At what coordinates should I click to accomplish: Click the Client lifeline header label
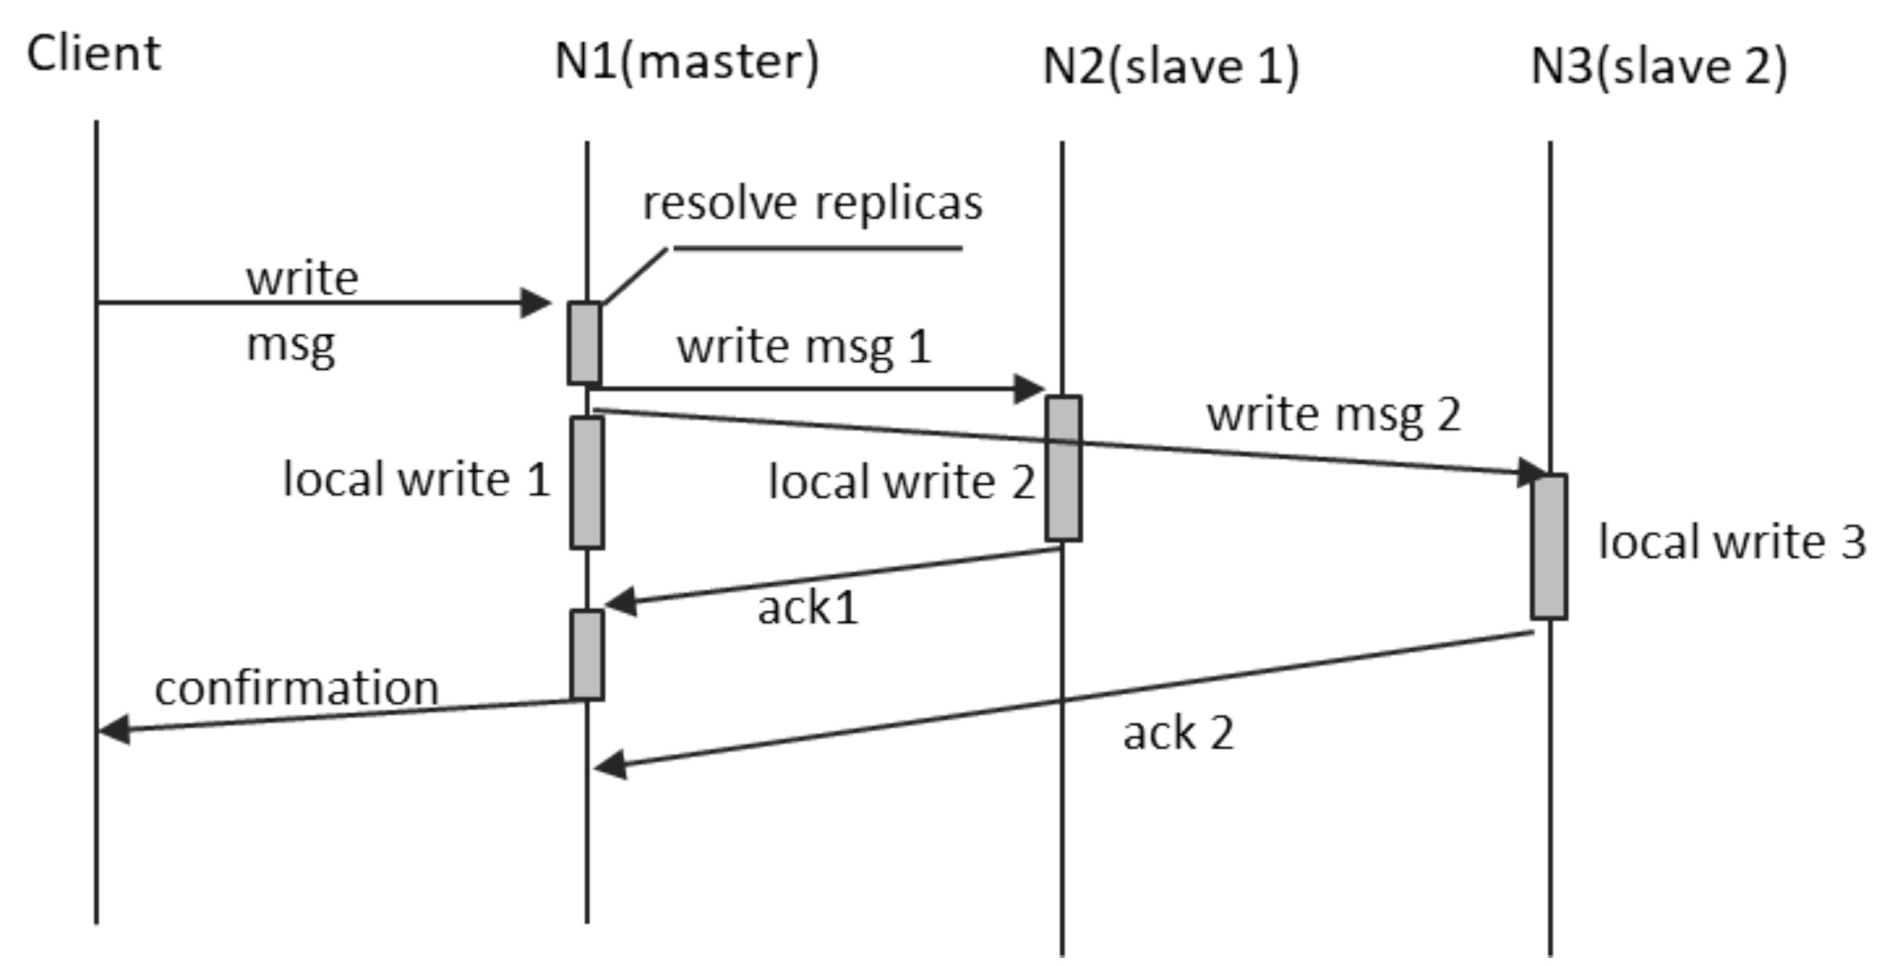click(94, 54)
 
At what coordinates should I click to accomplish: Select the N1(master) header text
click(686, 62)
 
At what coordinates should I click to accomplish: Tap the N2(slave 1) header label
click(1170, 67)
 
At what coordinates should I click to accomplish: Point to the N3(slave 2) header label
click(1658, 67)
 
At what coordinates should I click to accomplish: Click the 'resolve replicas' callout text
click(811, 203)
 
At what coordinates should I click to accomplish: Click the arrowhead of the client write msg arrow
click(537, 302)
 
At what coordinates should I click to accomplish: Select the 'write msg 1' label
click(803, 347)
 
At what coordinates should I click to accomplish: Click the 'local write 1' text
click(416, 480)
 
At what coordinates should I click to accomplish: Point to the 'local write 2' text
click(901, 482)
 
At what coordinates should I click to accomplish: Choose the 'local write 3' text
click(1732, 542)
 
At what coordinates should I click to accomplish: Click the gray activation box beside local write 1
click(587, 482)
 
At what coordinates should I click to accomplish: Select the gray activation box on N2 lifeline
click(1063, 468)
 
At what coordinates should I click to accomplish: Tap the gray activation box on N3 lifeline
click(1549, 546)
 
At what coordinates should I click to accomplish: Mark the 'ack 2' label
click(1178, 734)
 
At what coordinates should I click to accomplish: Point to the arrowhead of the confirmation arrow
click(112, 730)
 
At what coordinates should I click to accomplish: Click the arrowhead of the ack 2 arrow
click(609, 765)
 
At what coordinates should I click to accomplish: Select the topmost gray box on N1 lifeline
click(584, 342)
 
